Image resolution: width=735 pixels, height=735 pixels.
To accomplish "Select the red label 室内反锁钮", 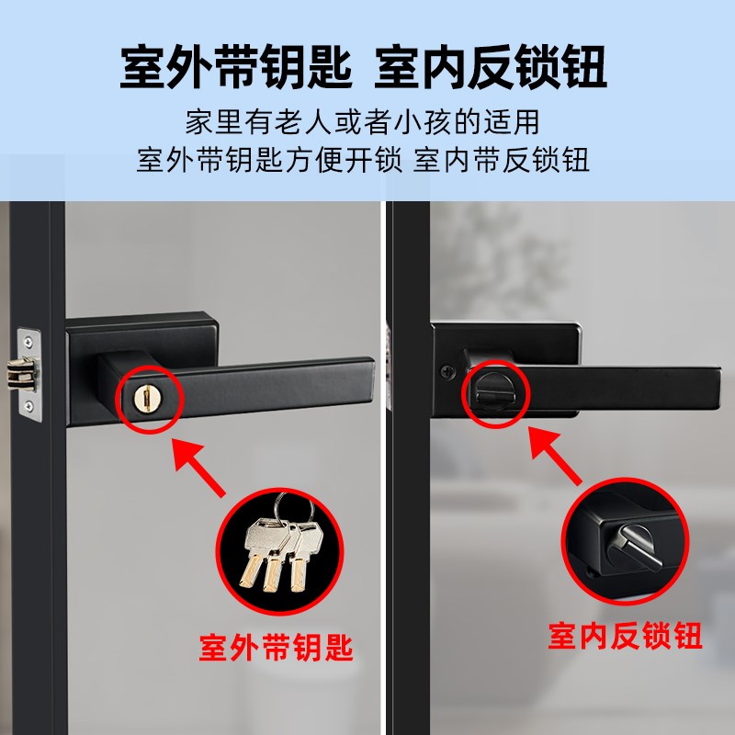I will [x=626, y=634].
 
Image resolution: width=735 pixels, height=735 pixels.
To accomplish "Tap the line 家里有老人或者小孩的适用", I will [x=362, y=122].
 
